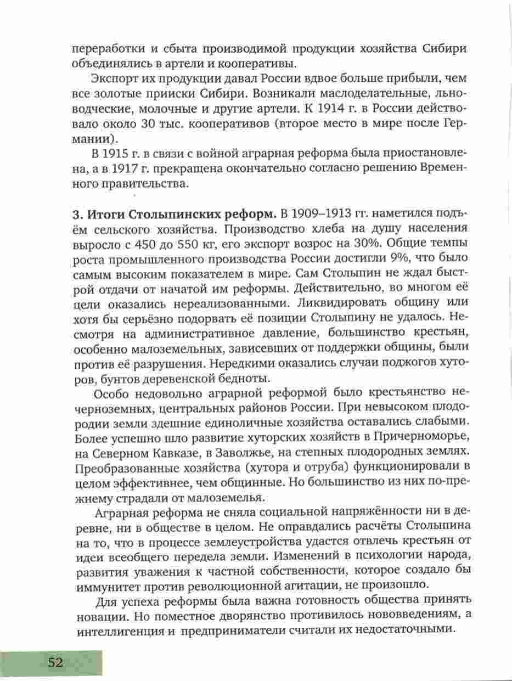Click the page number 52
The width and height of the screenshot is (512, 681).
[55, 662]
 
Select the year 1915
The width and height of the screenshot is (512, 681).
[115, 152]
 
